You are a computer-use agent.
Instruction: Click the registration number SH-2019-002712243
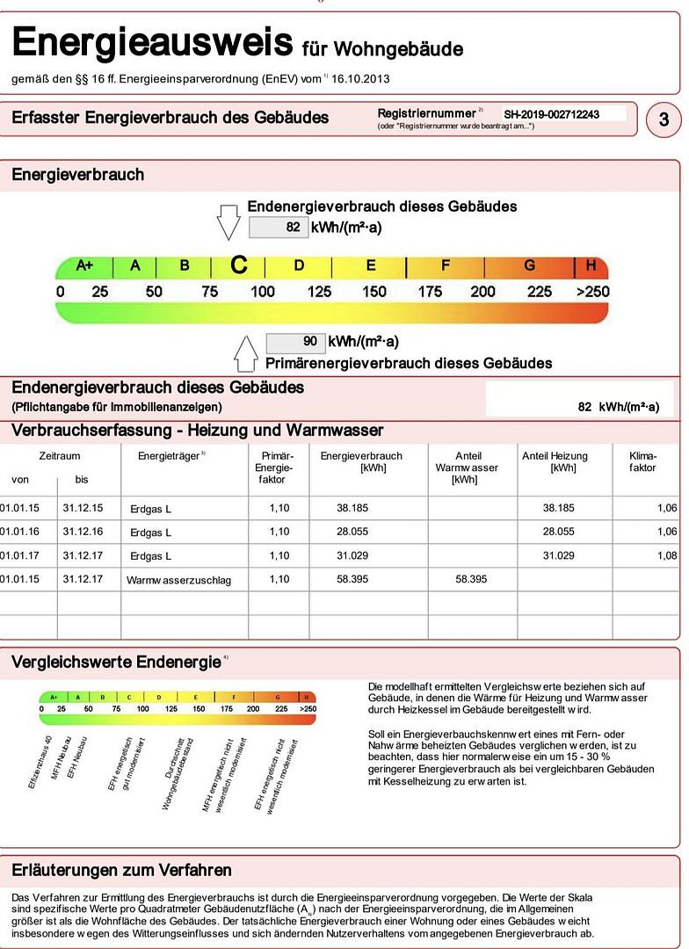coord(552,114)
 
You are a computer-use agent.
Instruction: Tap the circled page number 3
coord(664,120)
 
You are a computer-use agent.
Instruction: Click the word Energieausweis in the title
coord(151,41)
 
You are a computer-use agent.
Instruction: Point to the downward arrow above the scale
coord(228,221)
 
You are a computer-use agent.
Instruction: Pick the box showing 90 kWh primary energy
coord(295,342)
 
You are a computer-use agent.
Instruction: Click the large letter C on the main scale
coord(238,265)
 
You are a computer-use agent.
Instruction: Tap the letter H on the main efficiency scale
coord(591,265)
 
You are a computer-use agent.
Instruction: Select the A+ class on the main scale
coord(85,265)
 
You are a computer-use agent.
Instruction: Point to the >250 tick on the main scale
coord(592,292)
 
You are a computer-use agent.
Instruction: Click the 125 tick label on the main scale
coord(319,292)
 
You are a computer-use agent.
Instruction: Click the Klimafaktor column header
coord(642,462)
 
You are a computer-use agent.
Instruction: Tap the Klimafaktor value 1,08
coord(666,555)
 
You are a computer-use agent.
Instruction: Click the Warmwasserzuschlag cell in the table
coord(178,580)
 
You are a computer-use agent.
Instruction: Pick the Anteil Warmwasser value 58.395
coord(470,579)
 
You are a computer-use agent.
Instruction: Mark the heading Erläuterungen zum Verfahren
coord(121,870)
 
